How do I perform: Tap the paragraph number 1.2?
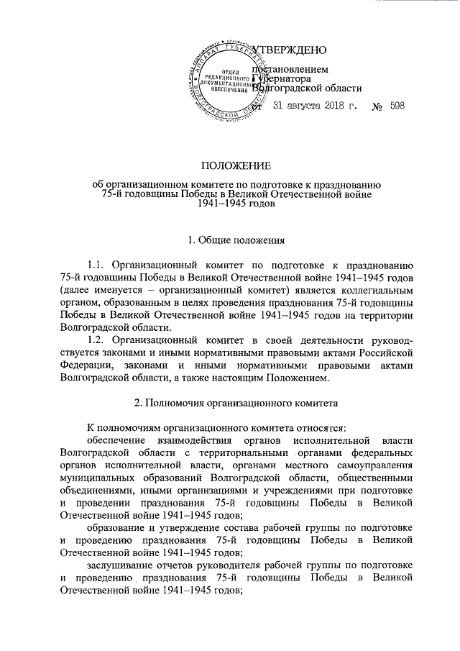(x=97, y=340)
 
